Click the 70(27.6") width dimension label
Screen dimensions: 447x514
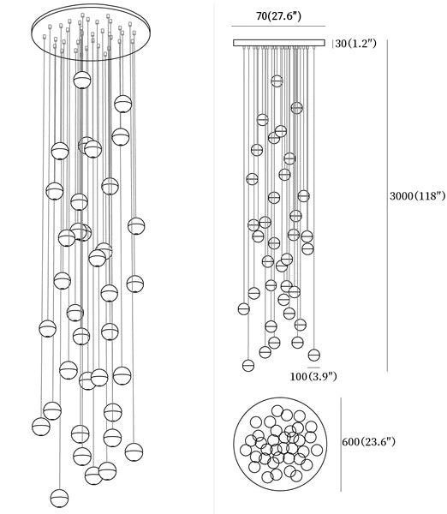pos(278,15)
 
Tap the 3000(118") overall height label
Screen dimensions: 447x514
pos(418,196)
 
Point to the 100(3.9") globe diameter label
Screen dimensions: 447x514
pos(313,376)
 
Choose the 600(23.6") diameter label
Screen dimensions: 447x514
pos(369,441)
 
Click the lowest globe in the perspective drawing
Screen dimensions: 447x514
pos(59,499)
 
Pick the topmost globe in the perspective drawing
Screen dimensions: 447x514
pos(82,80)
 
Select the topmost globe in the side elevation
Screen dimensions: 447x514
pos(277,81)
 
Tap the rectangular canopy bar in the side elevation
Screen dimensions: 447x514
pos(279,43)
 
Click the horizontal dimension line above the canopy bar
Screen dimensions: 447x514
pos(278,27)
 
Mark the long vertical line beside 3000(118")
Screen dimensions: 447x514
pos(388,206)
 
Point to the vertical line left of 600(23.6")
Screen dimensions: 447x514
pos(341,445)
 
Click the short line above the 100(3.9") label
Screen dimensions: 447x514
pos(313,368)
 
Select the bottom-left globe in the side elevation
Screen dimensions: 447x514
pos(248,365)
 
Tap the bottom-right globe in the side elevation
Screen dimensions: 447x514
pos(314,355)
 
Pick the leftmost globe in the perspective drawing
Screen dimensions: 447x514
pos(41,427)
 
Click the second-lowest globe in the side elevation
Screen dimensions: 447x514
pos(314,355)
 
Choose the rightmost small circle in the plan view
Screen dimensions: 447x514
pos(317,450)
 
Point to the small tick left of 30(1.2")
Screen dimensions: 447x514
pos(332,44)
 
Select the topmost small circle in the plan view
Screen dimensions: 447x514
pos(277,411)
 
